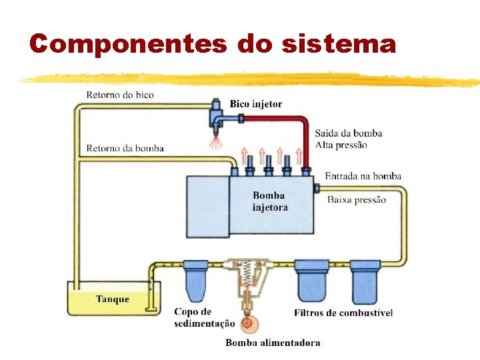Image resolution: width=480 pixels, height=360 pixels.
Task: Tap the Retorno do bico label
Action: click(x=119, y=95)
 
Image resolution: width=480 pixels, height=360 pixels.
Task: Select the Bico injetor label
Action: click(x=255, y=104)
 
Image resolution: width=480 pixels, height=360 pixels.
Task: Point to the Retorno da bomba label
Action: click(x=125, y=148)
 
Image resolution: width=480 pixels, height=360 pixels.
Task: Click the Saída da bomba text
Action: click(x=348, y=133)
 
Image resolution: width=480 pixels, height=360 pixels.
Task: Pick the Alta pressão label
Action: click(x=341, y=145)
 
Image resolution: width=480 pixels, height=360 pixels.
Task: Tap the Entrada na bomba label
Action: click(x=363, y=176)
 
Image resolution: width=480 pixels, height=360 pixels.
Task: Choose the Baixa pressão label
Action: click(x=356, y=200)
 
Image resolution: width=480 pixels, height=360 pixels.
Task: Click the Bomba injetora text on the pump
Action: click(x=269, y=201)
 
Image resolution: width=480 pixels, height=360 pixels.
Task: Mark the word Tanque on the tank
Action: click(x=113, y=299)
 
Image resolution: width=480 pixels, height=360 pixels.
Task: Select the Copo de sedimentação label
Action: click(x=203, y=317)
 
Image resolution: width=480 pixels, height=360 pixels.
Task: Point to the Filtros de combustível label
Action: click(x=343, y=313)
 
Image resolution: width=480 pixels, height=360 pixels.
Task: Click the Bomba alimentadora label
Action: click(x=273, y=343)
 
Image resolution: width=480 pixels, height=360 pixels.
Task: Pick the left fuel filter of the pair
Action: click(x=313, y=281)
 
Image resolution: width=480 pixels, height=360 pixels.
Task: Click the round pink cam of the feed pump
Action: click(x=249, y=323)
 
